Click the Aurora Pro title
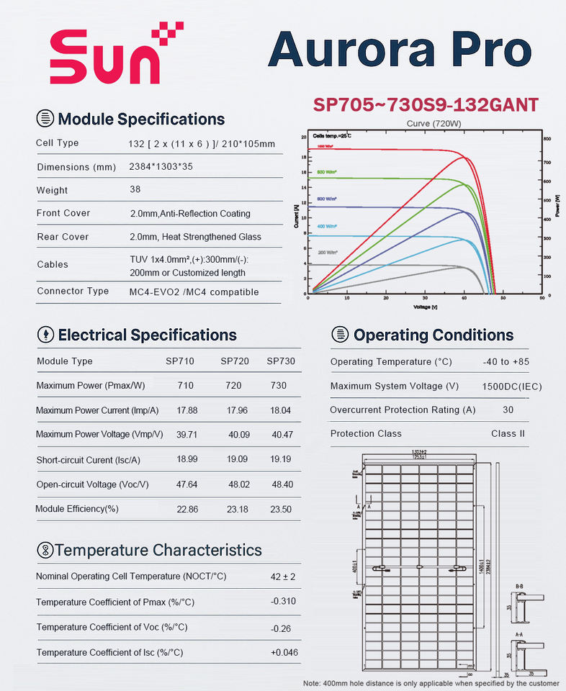[x=400, y=50]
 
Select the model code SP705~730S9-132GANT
[x=426, y=104]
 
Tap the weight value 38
[x=135, y=189]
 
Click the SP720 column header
[x=235, y=361]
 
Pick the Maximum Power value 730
[x=278, y=385]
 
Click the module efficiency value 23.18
[x=235, y=508]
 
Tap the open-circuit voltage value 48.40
[x=281, y=484]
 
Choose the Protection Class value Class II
[x=508, y=433]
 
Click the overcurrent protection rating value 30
[x=508, y=410]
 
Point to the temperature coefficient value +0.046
[x=284, y=652]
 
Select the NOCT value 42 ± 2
[x=284, y=577]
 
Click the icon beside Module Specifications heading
[x=45, y=119]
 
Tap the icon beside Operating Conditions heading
[x=340, y=335]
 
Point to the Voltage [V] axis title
[x=424, y=307]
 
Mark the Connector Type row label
[x=73, y=291]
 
